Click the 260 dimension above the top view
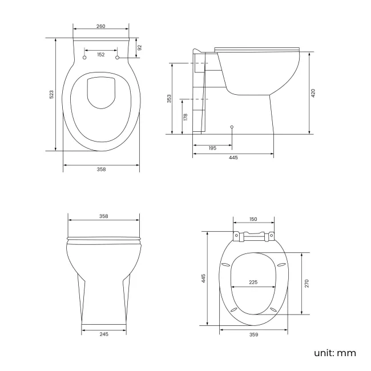point(100,27)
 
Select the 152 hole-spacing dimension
point(101,54)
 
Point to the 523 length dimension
point(51,94)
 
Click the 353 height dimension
point(169,99)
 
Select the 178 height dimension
point(185,116)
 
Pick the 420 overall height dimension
point(313,93)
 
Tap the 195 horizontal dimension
point(212,148)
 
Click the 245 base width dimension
point(103,334)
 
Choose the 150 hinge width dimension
point(253,219)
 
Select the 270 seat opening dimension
point(306,284)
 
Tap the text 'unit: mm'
point(335,353)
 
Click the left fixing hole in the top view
point(85,58)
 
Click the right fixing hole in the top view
point(118,58)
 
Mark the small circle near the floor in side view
point(231,126)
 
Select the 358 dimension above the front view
point(103,216)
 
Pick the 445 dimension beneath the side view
point(233,158)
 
